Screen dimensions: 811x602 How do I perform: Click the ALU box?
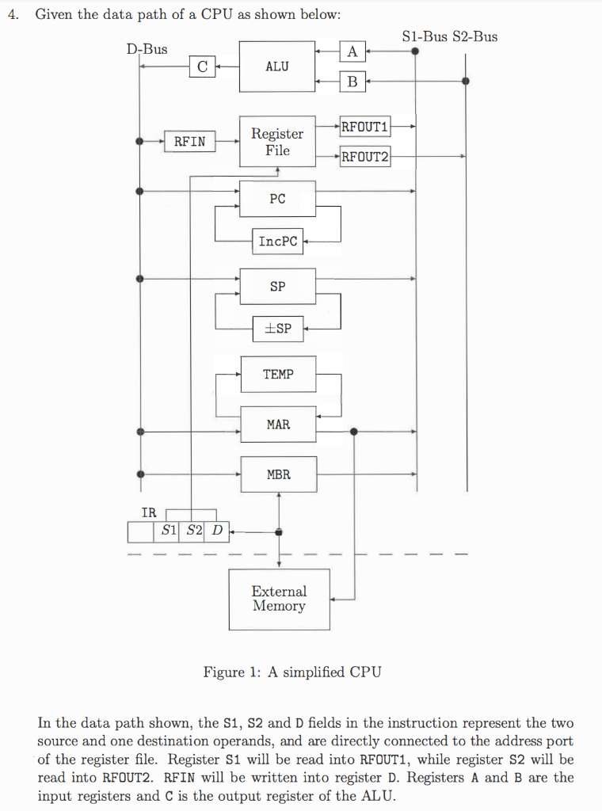tap(277, 67)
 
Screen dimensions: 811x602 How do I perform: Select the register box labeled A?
tap(352, 52)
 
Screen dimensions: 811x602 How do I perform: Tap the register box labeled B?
tap(352, 80)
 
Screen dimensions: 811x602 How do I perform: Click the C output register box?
tap(202, 67)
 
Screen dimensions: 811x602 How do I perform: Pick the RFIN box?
tap(189, 142)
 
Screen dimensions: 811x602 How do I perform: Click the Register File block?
tap(277, 142)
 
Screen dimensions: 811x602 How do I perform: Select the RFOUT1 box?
tap(364, 125)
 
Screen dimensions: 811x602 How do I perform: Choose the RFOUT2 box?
tap(364, 156)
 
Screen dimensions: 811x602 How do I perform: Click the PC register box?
tap(277, 199)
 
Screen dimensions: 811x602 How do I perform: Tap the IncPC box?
tap(278, 242)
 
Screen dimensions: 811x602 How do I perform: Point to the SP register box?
tap(277, 287)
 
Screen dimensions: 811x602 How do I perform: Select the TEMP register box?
tap(277, 374)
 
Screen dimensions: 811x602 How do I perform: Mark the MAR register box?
tap(278, 425)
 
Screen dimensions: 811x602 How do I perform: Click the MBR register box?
tap(278, 474)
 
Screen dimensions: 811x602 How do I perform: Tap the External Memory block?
tap(279, 599)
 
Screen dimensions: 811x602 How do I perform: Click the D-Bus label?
tap(147, 49)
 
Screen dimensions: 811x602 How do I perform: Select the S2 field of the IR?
tap(195, 531)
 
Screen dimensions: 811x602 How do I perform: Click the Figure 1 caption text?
tap(292, 672)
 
